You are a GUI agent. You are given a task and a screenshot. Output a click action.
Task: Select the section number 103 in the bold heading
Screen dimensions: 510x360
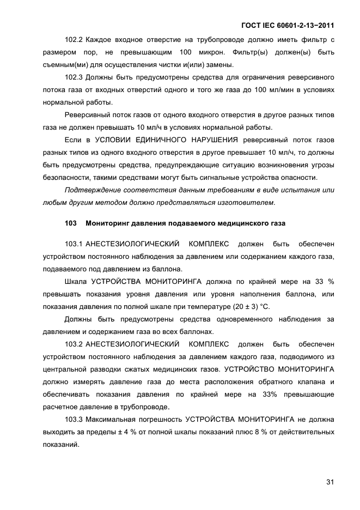71,223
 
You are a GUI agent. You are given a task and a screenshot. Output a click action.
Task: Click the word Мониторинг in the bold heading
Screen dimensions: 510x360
107,223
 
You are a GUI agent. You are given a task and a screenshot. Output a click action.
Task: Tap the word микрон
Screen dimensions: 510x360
208,52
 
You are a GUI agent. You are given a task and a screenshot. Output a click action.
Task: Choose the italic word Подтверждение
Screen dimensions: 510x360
91,190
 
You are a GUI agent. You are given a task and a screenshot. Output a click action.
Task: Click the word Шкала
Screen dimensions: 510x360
76,281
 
